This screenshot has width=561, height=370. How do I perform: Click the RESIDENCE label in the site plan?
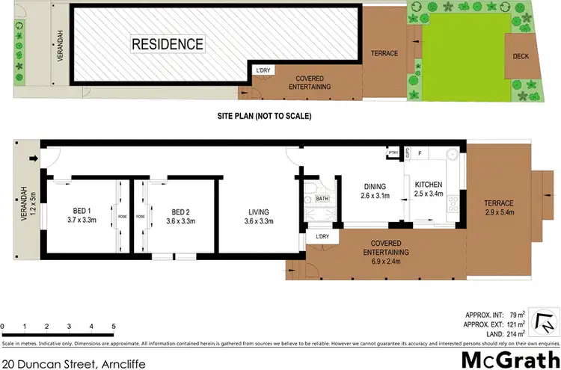168,44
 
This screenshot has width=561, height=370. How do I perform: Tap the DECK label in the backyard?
521,57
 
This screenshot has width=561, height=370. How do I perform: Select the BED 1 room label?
82,216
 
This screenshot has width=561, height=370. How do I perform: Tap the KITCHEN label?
429,190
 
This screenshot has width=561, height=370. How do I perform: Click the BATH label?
322,199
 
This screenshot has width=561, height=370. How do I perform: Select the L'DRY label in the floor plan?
322,237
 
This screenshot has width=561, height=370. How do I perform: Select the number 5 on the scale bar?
113,327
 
